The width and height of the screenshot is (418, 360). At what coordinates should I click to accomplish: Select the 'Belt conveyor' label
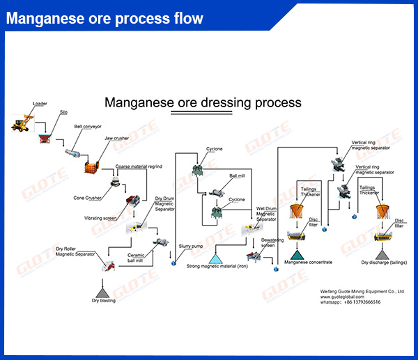click(88, 127)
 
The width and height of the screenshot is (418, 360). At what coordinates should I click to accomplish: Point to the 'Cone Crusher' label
click(88, 198)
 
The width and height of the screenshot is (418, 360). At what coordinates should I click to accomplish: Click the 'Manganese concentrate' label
click(307, 263)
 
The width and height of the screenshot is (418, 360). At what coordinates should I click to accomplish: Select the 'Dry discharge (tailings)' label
click(385, 263)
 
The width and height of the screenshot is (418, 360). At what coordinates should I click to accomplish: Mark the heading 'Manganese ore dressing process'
click(203, 102)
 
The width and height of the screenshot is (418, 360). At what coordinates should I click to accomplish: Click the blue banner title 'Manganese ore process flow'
click(105, 18)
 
